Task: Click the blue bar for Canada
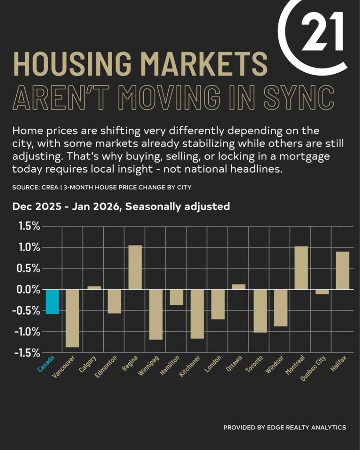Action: [52, 301]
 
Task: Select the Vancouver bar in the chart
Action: [73, 318]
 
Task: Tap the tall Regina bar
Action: [135, 267]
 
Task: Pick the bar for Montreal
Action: [301, 268]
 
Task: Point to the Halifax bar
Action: [342, 270]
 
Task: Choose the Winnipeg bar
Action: [156, 314]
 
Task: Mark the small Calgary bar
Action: [94, 288]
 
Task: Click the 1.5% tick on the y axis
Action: [29, 227]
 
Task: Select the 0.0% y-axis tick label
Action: [29, 290]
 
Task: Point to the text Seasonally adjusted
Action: [178, 206]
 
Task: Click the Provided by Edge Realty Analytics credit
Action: [284, 427]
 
